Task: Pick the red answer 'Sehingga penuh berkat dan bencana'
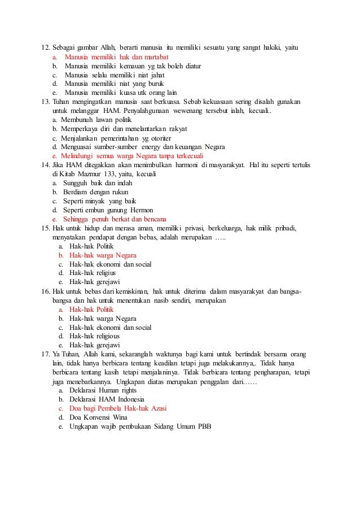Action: click(x=115, y=219)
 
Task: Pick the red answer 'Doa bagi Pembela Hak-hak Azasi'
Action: click(x=117, y=408)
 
